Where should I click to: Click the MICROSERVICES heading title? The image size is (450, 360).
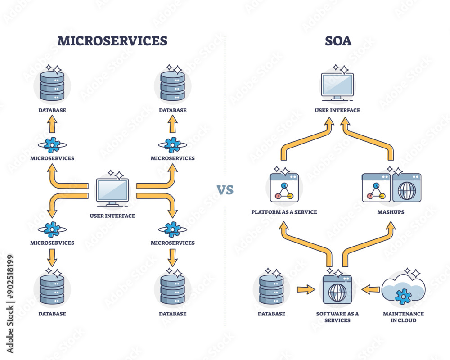[x=112, y=41]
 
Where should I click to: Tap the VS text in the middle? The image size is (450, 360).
[x=225, y=189]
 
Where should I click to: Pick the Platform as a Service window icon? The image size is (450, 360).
[x=284, y=188]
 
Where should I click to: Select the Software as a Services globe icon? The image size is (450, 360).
[x=337, y=290]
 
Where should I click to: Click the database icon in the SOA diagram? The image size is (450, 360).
[x=271, y=290]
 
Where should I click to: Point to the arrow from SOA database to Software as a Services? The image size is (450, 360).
[x=306, y=289]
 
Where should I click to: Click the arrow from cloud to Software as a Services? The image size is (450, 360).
[x=370, y=289]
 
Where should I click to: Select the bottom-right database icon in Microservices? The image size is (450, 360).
[x=173, y=290]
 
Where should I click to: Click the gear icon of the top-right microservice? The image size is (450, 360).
[x=172, y=144]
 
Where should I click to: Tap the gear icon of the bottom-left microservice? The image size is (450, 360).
[x=52, y=229]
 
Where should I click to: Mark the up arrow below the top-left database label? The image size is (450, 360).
[x=52, y=124]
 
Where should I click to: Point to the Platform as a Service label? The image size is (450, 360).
[x=284, y=211]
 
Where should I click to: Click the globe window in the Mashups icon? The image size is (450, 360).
[x=406, y=188]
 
